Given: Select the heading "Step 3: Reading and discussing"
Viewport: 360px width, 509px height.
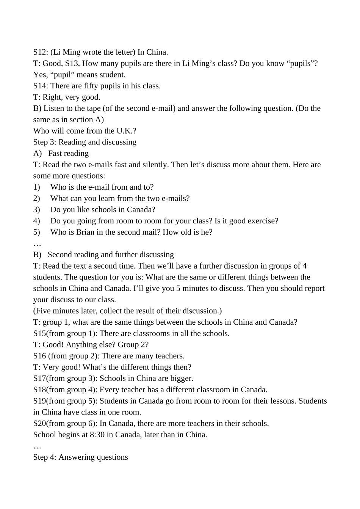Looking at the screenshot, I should (85, 142).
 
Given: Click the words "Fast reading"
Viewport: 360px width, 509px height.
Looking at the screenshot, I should (68, 153).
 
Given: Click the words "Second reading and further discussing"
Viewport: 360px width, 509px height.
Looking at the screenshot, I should (111, 254).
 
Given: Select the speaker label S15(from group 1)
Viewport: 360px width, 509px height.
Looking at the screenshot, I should (64, 333).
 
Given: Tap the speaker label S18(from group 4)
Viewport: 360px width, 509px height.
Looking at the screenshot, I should (64, 390).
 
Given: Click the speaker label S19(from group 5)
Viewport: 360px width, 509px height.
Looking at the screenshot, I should (64, 401).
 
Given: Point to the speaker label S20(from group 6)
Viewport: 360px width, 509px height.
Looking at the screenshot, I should (64, 423).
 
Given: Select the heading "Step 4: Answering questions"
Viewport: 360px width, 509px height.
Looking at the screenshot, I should (80, 457).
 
